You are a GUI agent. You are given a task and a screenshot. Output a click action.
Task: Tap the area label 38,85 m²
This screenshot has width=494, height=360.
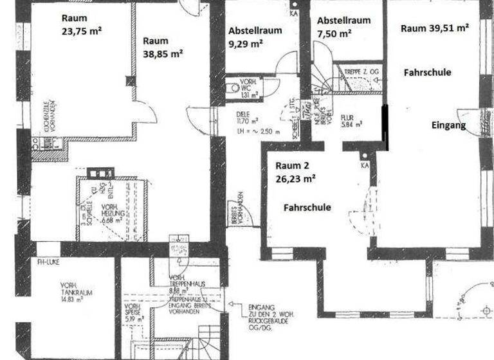pyautogui.click(x=163, y=54)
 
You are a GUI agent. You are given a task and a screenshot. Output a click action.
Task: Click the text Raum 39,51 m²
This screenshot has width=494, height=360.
pyautogui.click(x=435, y=28)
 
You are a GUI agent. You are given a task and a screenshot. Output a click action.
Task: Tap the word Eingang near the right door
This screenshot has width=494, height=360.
pyautogui.click(x=448, y=125)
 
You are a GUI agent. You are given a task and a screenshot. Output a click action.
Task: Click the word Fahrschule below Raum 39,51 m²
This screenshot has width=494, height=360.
pyautogui.click(x=427, y=73)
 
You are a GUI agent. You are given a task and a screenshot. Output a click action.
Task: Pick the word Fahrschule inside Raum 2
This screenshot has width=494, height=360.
pyautogui.click(x=307, y=208)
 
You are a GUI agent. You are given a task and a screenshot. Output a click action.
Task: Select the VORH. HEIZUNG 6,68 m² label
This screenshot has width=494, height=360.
pyautogui.click(x=116, y=213)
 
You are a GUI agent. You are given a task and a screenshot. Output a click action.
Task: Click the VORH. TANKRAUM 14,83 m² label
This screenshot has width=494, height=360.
pyautogui.click(x=77, y=291)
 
